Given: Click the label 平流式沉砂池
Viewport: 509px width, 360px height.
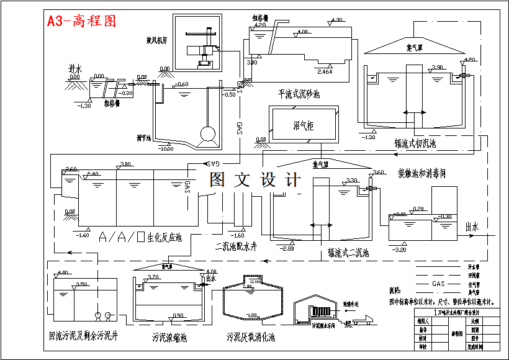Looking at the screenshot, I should (x=299, y=94).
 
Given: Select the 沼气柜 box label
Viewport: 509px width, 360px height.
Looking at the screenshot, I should (x=303, y=125).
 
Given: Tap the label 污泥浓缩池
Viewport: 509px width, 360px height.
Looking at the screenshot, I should (x=169, y=338).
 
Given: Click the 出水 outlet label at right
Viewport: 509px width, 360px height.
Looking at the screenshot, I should (x=472, y=228).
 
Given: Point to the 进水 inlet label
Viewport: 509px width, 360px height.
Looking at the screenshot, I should (x=75, y=68).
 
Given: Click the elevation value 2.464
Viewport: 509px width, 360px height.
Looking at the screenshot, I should (x=325, y=73).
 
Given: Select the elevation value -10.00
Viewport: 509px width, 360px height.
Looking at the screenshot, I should (x=166, y=149).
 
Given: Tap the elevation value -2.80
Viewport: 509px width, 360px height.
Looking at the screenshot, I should (x=287, y=248).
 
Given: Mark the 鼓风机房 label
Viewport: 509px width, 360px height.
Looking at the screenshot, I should (x=156, y=40).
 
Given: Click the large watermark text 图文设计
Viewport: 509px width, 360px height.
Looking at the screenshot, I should (x=255, y=180).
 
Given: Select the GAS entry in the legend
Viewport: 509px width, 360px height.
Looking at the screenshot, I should (x=439, y=284).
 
